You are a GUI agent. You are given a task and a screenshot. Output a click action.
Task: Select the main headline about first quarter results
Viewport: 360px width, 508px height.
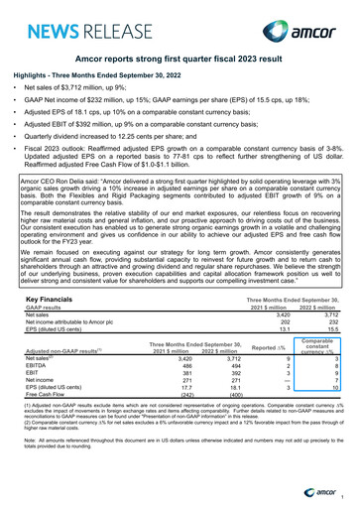[179, 61]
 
